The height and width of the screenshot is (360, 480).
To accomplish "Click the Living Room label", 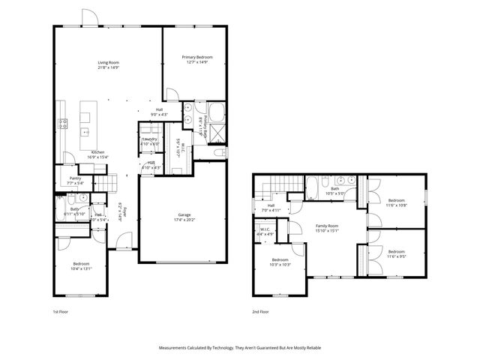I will click(x=109, y=62).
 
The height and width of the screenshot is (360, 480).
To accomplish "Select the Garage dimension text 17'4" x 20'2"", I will click(x=184, y=220).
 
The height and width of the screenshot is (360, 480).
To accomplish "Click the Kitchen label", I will click(x=98, y=151).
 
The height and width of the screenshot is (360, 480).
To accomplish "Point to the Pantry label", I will click(x=75, y=178).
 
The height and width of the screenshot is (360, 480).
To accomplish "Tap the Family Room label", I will click(x=327, y=226).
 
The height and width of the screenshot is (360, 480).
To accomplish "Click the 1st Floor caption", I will click(x=61, y=310).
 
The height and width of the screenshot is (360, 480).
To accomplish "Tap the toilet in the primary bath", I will click(x=220, y=152).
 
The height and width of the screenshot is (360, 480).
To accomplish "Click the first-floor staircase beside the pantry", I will click(x=110, y=182).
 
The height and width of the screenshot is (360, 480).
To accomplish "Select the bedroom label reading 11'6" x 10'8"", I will click(x=396, y=205).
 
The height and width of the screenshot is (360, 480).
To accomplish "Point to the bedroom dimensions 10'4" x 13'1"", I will click(x=82, y=268).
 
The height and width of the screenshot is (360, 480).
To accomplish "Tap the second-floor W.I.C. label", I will click(x=265, y=230).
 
